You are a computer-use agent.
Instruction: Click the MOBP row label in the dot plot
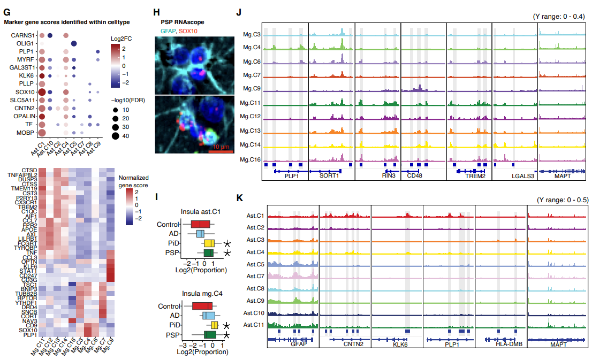25,132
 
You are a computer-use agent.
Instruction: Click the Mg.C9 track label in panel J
252,88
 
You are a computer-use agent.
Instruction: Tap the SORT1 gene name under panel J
328,175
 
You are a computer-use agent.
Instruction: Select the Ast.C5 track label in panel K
254,264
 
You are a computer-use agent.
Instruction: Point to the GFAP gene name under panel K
299,344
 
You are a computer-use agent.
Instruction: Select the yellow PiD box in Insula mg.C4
215,325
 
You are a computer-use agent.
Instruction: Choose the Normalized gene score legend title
133,180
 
